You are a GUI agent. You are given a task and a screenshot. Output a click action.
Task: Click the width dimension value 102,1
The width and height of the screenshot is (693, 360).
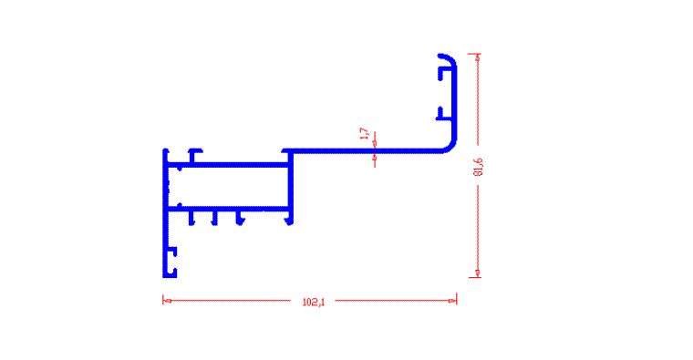point(314,303)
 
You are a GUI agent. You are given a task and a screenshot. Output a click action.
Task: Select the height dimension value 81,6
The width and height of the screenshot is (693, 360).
point(478,167)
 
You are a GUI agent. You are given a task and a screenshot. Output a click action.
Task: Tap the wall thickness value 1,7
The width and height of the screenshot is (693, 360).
point(365,134)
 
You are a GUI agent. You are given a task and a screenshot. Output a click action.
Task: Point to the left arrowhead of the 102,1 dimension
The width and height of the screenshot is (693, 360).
point(167,301)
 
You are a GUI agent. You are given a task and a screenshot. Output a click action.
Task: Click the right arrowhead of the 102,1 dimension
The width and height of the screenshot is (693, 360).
point(452,301)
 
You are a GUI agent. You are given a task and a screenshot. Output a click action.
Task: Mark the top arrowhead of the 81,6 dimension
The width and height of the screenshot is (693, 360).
point(477,57)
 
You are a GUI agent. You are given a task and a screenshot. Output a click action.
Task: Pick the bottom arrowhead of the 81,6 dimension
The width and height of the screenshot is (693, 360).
point(477,273)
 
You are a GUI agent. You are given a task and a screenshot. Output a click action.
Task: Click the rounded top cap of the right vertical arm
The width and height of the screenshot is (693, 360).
point(448,58)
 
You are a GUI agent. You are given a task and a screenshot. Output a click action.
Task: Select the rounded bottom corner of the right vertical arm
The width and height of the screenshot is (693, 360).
point(450,147)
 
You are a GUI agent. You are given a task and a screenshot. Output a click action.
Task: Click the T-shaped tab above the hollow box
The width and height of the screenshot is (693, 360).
point(194,156)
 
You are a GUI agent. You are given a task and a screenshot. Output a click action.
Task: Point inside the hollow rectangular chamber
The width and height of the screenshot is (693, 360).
point(228,187)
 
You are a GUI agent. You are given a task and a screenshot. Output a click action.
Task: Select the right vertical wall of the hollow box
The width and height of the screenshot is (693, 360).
point(290,187)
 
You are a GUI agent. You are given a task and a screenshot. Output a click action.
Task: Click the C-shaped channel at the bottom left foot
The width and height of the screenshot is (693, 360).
point(172,262)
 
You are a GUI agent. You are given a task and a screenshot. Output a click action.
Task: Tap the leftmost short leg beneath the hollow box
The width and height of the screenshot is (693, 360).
point(191,218)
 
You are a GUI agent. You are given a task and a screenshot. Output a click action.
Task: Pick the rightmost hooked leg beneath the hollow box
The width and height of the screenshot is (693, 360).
point(289,218)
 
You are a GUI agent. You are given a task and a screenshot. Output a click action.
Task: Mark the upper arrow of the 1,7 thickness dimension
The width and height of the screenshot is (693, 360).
point(375,143)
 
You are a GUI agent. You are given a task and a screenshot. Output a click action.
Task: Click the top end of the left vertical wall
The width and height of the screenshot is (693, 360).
point(166,150)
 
